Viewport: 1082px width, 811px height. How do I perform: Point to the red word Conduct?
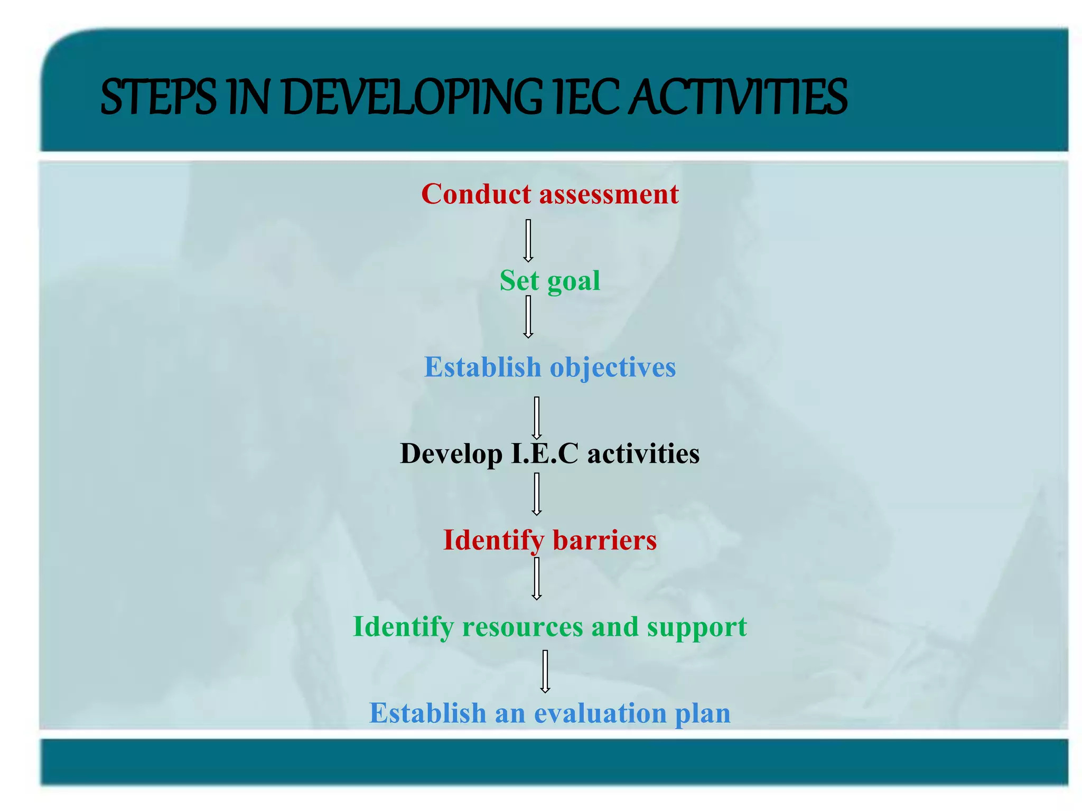[476, 194]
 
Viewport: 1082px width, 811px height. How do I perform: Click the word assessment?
[609, 194]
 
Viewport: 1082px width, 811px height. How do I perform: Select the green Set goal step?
[549, 280]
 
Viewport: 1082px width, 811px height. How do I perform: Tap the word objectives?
[613, 367]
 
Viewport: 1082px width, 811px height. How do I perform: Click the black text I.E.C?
[545, 454]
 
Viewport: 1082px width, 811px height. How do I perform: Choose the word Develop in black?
[451, 454]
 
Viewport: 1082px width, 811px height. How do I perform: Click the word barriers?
[604, 540]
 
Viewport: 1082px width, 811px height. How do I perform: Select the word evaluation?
[600, 713]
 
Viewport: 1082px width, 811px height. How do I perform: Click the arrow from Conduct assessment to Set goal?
[528, 241]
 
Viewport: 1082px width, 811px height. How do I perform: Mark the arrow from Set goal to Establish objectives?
[528, 317]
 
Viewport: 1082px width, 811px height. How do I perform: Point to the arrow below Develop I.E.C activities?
[537, 494]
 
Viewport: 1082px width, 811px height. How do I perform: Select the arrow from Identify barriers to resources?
[537, 579]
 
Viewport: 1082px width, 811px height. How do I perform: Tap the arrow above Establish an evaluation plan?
[545, 671]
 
